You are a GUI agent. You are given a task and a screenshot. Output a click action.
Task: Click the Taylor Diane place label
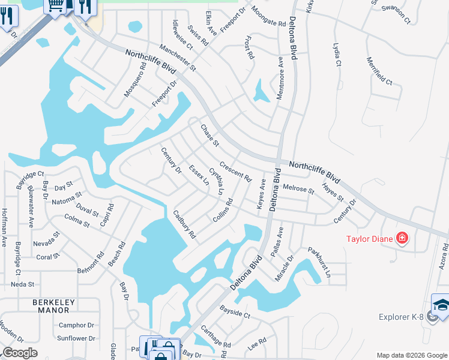pos(369,239)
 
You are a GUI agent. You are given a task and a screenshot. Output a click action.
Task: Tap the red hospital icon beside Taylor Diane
pos(402,239)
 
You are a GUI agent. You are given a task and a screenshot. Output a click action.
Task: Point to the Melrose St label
pos(298,189)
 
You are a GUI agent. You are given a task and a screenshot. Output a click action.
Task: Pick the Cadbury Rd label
pos(184,224)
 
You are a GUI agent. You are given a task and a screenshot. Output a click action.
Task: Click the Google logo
pos(20,353)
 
